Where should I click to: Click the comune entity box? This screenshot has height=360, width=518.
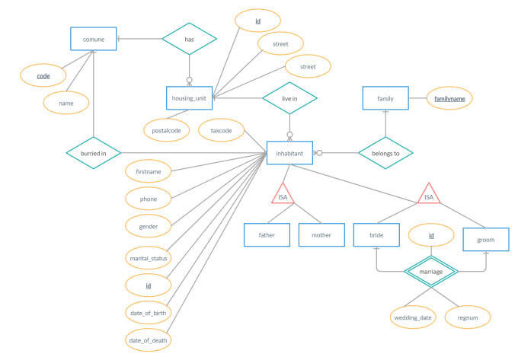pyautogui.click(x=93, y=39)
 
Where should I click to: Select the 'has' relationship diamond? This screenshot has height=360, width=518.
pyautogui.click(x=190, y=38)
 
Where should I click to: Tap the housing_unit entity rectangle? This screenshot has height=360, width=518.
pyautogui.click(x=190, y=97)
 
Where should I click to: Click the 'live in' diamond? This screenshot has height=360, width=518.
pyautogui.click(x=289, y=97)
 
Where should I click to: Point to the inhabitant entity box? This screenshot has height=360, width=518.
pyautogui.click(x=289, y=152)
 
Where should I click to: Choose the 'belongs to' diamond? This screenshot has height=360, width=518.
pyautogui.click(x=385, y=152)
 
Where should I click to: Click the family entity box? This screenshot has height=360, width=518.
pyautogui.click(x=385, y=98)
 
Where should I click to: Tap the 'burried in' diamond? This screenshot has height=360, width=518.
pyautogui.click(x=93, y=152)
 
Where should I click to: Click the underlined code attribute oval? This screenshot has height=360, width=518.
pyautogui.click(x=43, y=76)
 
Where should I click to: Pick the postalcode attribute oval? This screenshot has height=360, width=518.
pyautogui.click(x=166, y=130)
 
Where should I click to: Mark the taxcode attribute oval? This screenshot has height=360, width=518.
pyautogui.click(x=221, y=130)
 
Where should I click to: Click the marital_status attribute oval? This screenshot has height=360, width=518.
pyautogui.click(x=149, y=258)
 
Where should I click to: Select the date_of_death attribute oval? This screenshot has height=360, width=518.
pyautogui.click(x=149, y=339)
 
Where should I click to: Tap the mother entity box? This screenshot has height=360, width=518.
pyautogui.click(x=321, y=234)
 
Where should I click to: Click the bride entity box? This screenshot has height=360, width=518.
pyautogui.click(x=376, y=234)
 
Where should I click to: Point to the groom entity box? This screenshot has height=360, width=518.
pyautogui.click(x=486, y=239)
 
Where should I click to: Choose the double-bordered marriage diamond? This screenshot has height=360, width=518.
pyautogui.click(x=431, y=269)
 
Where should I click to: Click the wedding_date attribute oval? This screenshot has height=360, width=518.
pyautogui.click(x=413, y=317)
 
